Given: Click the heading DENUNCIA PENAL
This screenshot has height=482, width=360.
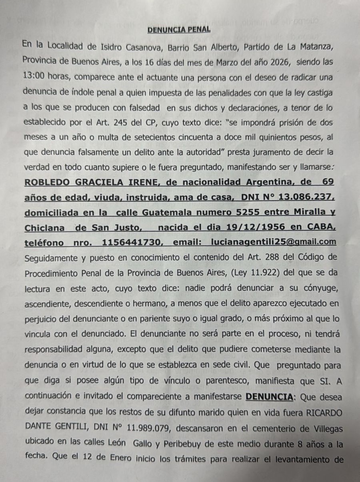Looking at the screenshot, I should coord(179,30).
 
